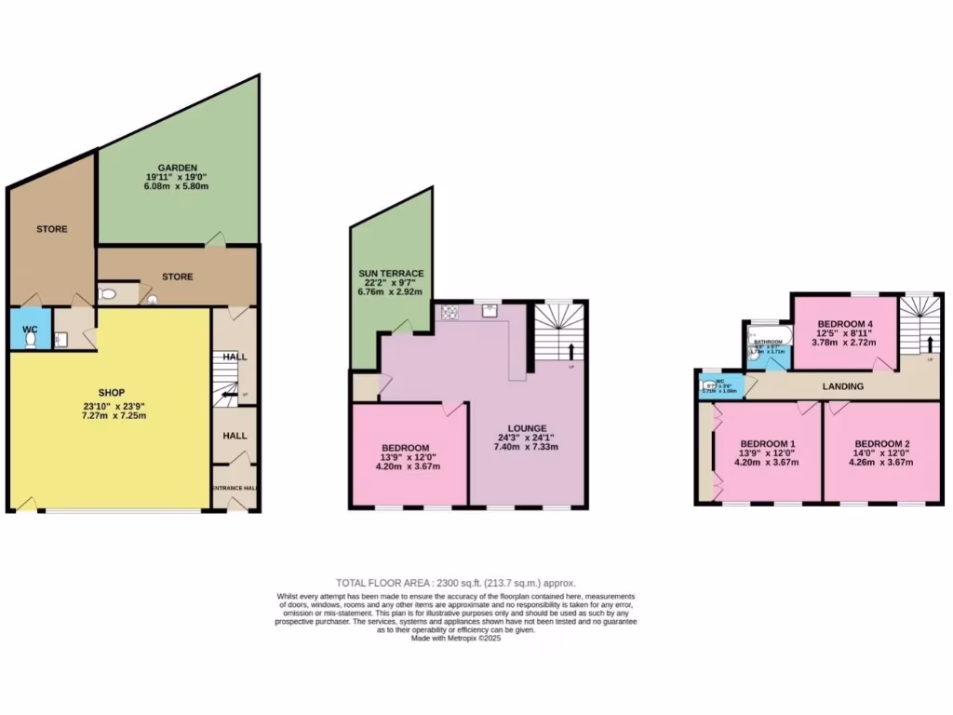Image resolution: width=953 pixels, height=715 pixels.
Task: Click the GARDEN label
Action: point(177,168)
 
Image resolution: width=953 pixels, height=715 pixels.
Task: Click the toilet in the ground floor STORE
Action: point(107,294)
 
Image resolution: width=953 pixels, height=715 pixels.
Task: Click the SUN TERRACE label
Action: point(392,274)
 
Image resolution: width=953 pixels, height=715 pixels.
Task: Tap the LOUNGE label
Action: point(527,427)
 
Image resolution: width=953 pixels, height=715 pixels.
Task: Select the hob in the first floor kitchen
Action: point(450,311)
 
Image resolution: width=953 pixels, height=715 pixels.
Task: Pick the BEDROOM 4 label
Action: point(845,325)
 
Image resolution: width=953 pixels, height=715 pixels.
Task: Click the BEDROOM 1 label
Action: point(767,443)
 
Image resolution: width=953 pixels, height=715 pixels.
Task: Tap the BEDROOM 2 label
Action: point(882,443)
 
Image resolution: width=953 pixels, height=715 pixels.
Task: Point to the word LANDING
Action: point(843,386)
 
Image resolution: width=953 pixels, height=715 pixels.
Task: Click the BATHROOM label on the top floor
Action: point(768,343)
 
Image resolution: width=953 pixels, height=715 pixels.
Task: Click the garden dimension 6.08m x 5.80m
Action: point(177,187)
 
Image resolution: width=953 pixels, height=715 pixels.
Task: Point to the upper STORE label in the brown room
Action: point(52,229)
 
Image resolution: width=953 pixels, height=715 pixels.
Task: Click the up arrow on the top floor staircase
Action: point(929,344)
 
